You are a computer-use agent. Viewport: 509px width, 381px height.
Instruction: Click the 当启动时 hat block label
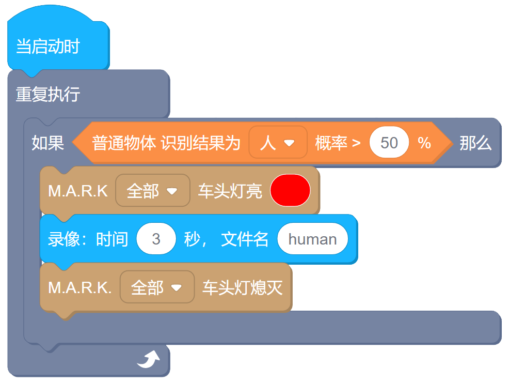click(48, 47)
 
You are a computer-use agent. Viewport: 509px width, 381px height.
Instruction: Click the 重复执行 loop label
click(48, 95)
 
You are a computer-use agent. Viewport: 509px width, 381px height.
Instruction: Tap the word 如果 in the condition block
click(48, 143)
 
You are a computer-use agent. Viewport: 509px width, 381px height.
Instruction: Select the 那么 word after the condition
click(475, 143)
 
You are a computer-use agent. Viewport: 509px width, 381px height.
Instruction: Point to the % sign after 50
click(424, 143)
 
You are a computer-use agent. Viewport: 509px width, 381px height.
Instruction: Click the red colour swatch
click(290, 190)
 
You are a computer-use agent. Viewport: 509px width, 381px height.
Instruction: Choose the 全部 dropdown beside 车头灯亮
click(152, 191)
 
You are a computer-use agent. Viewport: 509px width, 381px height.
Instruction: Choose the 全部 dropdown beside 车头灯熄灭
click(157, 287)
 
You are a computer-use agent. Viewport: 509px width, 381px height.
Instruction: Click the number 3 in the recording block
click(156, 239)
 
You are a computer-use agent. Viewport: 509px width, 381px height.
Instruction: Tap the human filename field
click(312, 239)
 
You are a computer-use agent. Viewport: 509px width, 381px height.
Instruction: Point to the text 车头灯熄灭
click(242, 287)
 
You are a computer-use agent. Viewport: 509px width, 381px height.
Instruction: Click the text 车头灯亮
click(230, 191)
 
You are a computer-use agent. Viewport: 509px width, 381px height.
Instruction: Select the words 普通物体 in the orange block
click(124, 143)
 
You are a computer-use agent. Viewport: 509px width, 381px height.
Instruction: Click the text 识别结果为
click(201, 143)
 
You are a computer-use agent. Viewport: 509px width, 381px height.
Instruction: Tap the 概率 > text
click(338, 143)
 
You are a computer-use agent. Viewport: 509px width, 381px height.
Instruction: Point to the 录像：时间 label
click(88, 239)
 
